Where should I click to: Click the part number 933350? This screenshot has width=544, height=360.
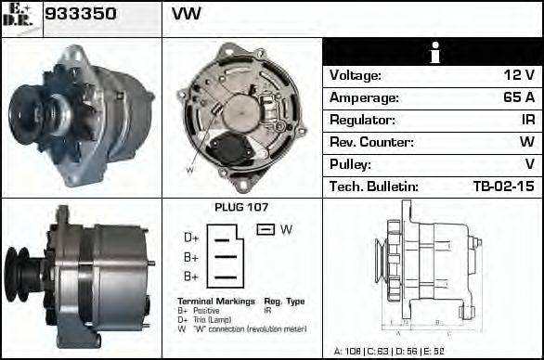[x=82, y=16]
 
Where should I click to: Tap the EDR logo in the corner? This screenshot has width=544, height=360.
[x=20, y=17]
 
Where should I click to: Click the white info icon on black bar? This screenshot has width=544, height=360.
[x=433, y=52]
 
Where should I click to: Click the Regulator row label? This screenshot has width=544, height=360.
[x=363, y=121]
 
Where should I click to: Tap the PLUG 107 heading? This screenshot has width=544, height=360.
[x=240, y=207]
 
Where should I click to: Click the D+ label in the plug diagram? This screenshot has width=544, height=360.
[x=191, y=238]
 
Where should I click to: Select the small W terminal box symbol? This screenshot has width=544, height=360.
[x=265, y=229]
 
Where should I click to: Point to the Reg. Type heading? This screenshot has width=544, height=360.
[x=284, y=302]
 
